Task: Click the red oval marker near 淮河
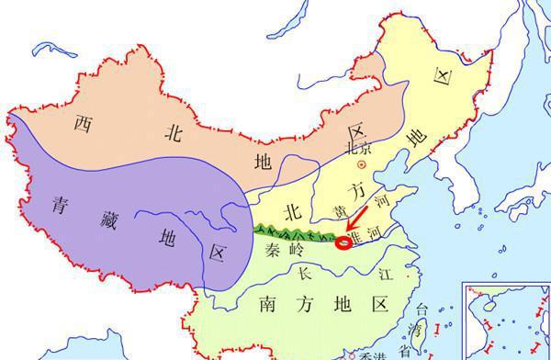[x=343, y=243]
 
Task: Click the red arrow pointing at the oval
[x=354, y=228]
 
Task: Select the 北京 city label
[x=361, y=149]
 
